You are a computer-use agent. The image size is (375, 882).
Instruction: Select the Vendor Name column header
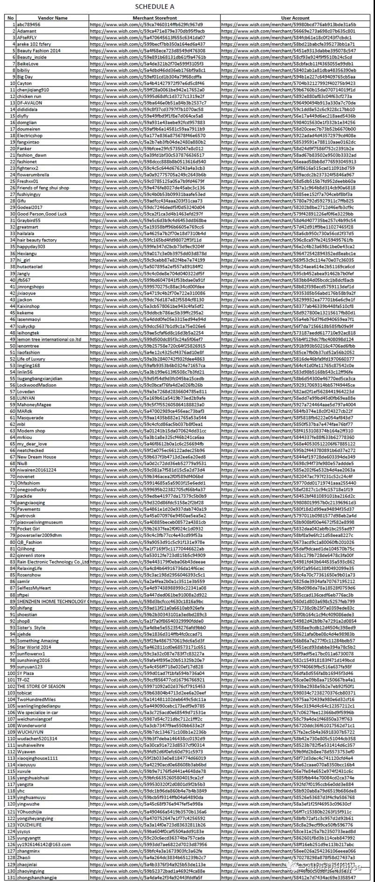[54, 18]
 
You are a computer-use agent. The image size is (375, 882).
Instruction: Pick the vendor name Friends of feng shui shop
[43, 188]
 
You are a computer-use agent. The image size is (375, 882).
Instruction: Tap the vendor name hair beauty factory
[37, 240]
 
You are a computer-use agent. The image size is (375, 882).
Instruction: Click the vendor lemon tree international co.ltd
[49, 339]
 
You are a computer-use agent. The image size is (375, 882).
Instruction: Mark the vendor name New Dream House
[36, 457]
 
